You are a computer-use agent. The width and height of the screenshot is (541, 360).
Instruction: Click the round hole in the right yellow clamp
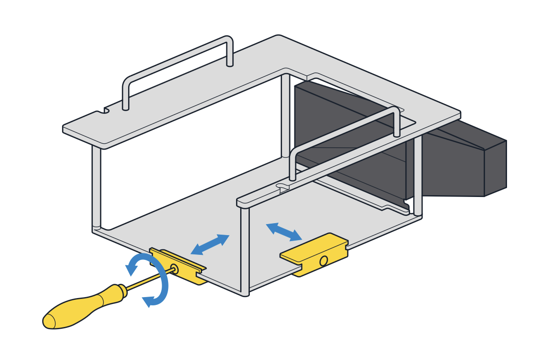323,261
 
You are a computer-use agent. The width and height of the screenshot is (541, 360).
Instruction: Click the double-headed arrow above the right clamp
284,231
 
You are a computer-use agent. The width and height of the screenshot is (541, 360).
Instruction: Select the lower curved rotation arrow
158,294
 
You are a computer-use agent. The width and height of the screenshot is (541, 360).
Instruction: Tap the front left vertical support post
96,188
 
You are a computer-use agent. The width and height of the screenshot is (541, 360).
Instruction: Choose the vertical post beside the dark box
417,174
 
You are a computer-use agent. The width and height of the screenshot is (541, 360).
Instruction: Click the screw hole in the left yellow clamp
174,268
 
